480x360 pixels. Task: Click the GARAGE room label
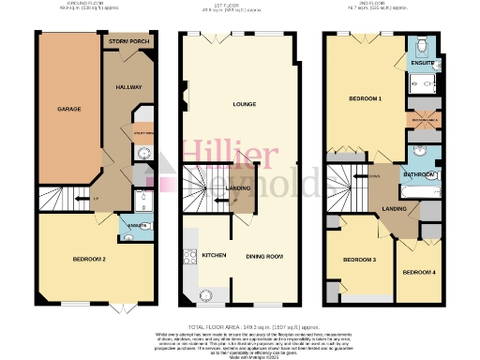(x=69, y=110)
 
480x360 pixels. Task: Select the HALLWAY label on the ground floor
(x=128, y=87)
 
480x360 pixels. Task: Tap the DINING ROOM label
(x=265, y=255)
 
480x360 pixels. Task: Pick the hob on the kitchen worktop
(x=191, y=255)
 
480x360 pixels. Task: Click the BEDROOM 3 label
(x=358, y=259)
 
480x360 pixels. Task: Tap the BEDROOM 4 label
(x=418, y=271)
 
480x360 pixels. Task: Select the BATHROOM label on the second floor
(x=417, y=173)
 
